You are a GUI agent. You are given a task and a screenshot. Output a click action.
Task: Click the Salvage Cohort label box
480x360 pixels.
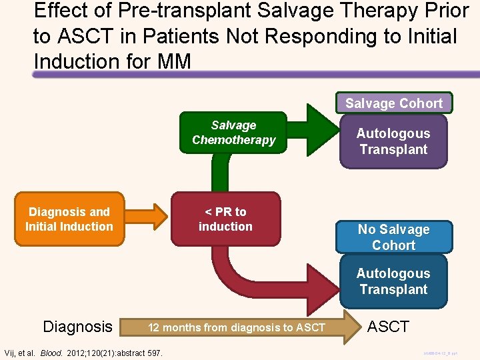click(393, 103)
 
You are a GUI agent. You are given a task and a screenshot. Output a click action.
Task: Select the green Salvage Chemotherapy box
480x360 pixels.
click(233, 133)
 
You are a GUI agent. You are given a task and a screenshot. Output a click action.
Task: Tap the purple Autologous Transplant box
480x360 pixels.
click(393, 141)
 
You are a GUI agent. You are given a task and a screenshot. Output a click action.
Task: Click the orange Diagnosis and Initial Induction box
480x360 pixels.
click(69, 219)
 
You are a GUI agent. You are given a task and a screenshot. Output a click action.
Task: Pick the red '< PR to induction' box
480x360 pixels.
click(225, 219)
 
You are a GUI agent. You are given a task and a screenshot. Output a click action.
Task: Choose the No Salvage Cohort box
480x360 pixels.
click(393, 237)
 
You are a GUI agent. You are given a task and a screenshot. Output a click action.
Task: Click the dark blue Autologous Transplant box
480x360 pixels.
click(393, 281)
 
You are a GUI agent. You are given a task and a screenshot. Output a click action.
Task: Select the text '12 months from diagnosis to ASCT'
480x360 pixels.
click(237, 327)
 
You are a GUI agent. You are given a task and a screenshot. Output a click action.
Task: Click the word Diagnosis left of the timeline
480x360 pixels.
click(77, 327)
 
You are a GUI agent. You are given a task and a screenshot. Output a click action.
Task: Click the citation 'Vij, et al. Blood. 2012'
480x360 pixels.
click(83, 352)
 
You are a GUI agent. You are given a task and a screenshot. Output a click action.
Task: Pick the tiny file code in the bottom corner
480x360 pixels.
click(441, 352)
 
